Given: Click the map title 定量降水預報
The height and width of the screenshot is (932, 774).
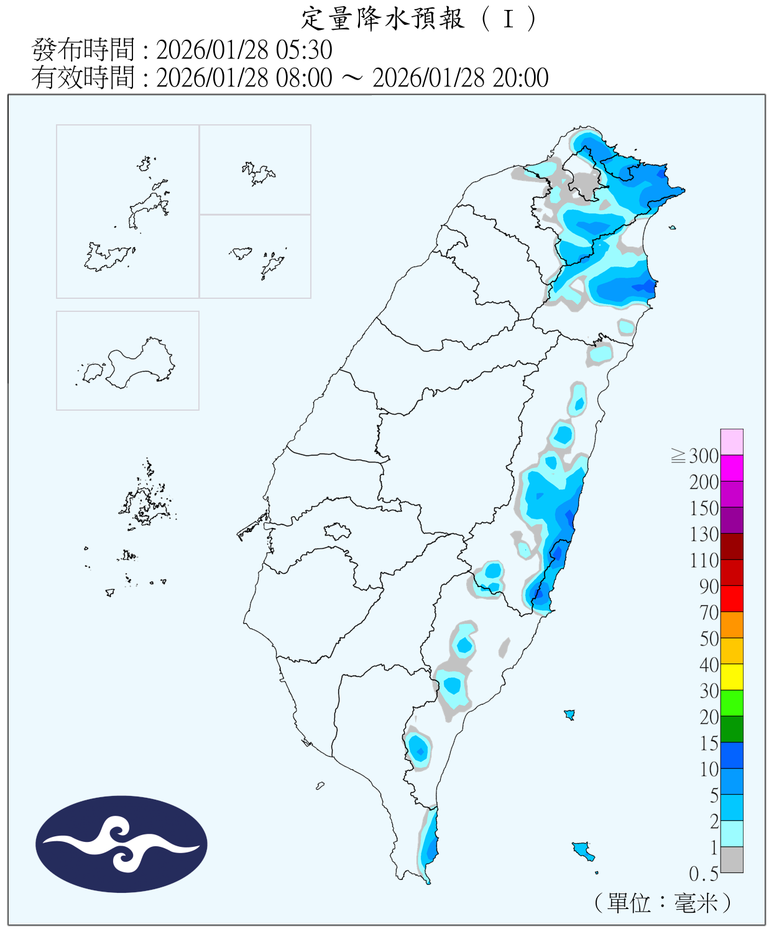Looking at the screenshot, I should [x=382, y=19].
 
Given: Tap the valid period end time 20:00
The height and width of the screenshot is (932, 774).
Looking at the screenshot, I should [x=520, y=78].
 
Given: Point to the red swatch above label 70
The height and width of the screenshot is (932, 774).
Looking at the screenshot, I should [x=732, y=598].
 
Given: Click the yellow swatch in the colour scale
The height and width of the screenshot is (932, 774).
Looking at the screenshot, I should [x=732, y=677].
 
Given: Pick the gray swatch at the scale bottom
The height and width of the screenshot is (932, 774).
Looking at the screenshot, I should [x=732, y=859].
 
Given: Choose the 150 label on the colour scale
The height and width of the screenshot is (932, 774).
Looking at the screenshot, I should [x=704, y=508].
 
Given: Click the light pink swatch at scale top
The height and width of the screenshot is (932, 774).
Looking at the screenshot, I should [x=732, y=442].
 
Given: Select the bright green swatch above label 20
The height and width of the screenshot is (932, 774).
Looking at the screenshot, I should [x=732, y=703].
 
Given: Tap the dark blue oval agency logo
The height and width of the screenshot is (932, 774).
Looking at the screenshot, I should [x=121, y=844].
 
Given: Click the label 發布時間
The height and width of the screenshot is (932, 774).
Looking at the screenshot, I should [x=83, y=50].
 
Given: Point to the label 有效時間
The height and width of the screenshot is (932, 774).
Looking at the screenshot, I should [x=83, y=78].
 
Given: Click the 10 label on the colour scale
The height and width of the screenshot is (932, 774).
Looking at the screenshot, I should [x=709, y=769].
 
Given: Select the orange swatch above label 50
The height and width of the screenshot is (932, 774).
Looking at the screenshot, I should [x=732, y=624].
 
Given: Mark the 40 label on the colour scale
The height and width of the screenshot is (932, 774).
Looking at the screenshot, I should [x=709, y=665].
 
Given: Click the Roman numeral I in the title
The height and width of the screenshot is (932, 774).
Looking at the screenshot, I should [x=509, y=19].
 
